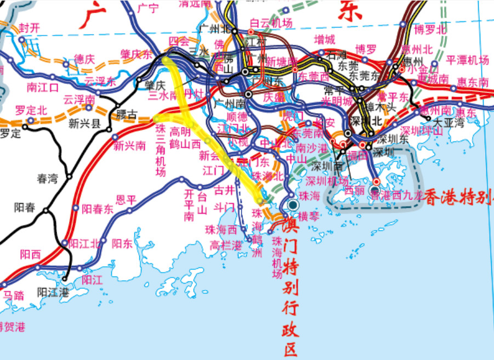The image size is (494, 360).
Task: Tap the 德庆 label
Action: [x=84, y=59]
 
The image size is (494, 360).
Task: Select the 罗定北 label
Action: [x=27, y=109]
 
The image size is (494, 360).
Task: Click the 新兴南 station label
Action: [x=129, y=146]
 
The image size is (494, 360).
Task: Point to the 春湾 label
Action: [x=48, y=178]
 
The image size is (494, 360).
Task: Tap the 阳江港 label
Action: [x=53, y=291]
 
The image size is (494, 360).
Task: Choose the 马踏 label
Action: [x=14, y=295]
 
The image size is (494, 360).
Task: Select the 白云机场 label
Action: [x=271, y=23]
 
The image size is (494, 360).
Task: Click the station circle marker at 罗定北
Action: [x=31, y=120]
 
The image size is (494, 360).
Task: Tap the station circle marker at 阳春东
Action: [x=76, y=208]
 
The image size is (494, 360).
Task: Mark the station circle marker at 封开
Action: [x=21, y=40]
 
